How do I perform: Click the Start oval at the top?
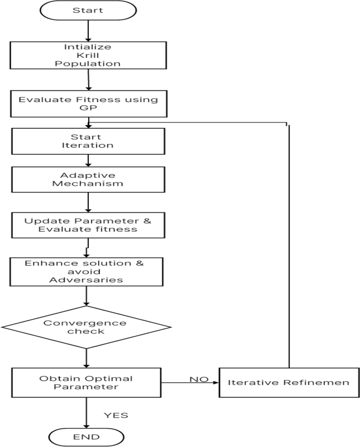pyautogui.click(x=87, y=11)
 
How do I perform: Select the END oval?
pyautogui.click(x=87, y=436)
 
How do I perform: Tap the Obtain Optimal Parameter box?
pyautogui.click(x=87, y=383)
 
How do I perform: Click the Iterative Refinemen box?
pyautogui.click(x=289, y=382)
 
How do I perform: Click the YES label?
pyautogui.click(x=116, y=415)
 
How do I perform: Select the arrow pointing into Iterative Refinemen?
pyautogui.click(x=189, y=383)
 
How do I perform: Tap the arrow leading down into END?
pyautogui.click(x=87, y=413)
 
